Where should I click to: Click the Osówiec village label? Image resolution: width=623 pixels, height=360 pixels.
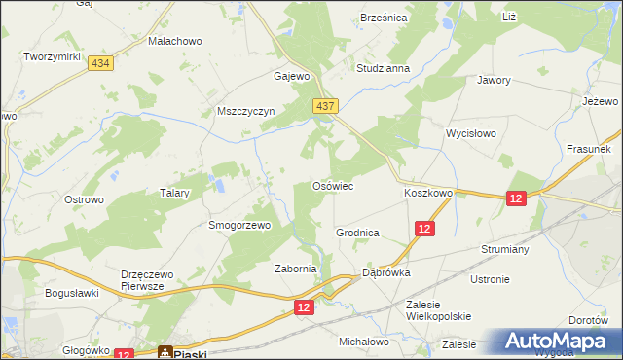coord(331,185)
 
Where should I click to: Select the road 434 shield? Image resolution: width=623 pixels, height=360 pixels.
coord(98,62)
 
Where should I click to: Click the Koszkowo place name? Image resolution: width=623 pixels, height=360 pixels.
coord(428,194)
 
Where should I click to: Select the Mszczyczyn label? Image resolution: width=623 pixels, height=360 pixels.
coord(247,111)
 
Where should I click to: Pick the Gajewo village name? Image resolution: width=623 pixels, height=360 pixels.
coord(292,75)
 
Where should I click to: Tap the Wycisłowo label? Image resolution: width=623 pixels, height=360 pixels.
coord(471,133)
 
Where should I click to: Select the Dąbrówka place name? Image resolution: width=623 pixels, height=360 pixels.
coord(386,273)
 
